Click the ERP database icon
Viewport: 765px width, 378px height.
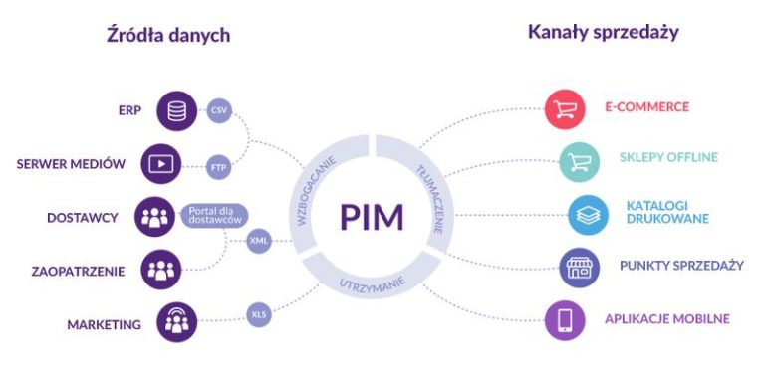pos(177,110)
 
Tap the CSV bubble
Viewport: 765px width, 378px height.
pos(220,110)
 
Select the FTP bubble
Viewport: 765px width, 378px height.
pos(220,167)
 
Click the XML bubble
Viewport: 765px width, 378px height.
pos(258,240)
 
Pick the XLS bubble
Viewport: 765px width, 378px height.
pos(258,315)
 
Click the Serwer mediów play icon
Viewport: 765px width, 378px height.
pos(160,163)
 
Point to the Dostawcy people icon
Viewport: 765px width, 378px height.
pos(155,218)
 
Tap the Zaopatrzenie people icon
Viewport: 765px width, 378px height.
pos(160,270)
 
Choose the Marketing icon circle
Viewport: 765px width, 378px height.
pos(177,322)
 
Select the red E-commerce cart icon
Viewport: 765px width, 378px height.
pos(565,108)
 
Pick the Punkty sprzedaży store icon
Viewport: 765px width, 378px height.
pos(578,267)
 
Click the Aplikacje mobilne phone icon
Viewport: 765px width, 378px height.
pos(565,320)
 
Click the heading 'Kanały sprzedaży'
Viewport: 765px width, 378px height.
pos(603,32)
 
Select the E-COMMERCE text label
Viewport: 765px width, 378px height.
pos(646,107)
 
